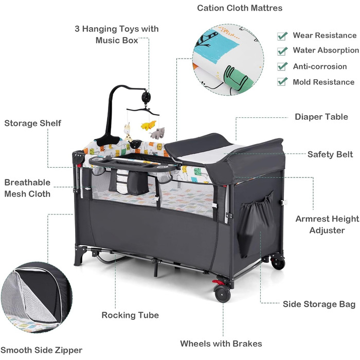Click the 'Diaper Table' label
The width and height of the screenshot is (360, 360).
coord(321,117)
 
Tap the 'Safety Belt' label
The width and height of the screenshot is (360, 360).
coord(330,154)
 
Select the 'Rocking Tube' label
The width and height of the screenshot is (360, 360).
coord(130,315)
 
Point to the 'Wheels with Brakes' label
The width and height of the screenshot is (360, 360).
coord(221,344)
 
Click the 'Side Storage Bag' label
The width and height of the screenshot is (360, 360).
coord(319,304)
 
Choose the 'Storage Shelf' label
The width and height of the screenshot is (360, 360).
coord(32,123)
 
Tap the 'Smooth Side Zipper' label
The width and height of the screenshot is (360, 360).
coord(41,350)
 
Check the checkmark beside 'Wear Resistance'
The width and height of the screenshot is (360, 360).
coord(282,36)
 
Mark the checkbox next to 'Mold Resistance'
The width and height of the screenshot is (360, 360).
coord(282,82)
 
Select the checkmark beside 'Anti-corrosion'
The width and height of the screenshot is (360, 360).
coord(282,66)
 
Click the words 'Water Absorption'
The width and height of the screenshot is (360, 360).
coord(326,50)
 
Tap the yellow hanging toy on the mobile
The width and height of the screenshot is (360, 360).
coord(149,125)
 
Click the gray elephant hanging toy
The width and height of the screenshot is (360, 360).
coord(157,133)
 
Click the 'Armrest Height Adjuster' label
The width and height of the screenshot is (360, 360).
coord(327,225)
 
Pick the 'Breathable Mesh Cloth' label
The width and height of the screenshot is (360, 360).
coord(27,188)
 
